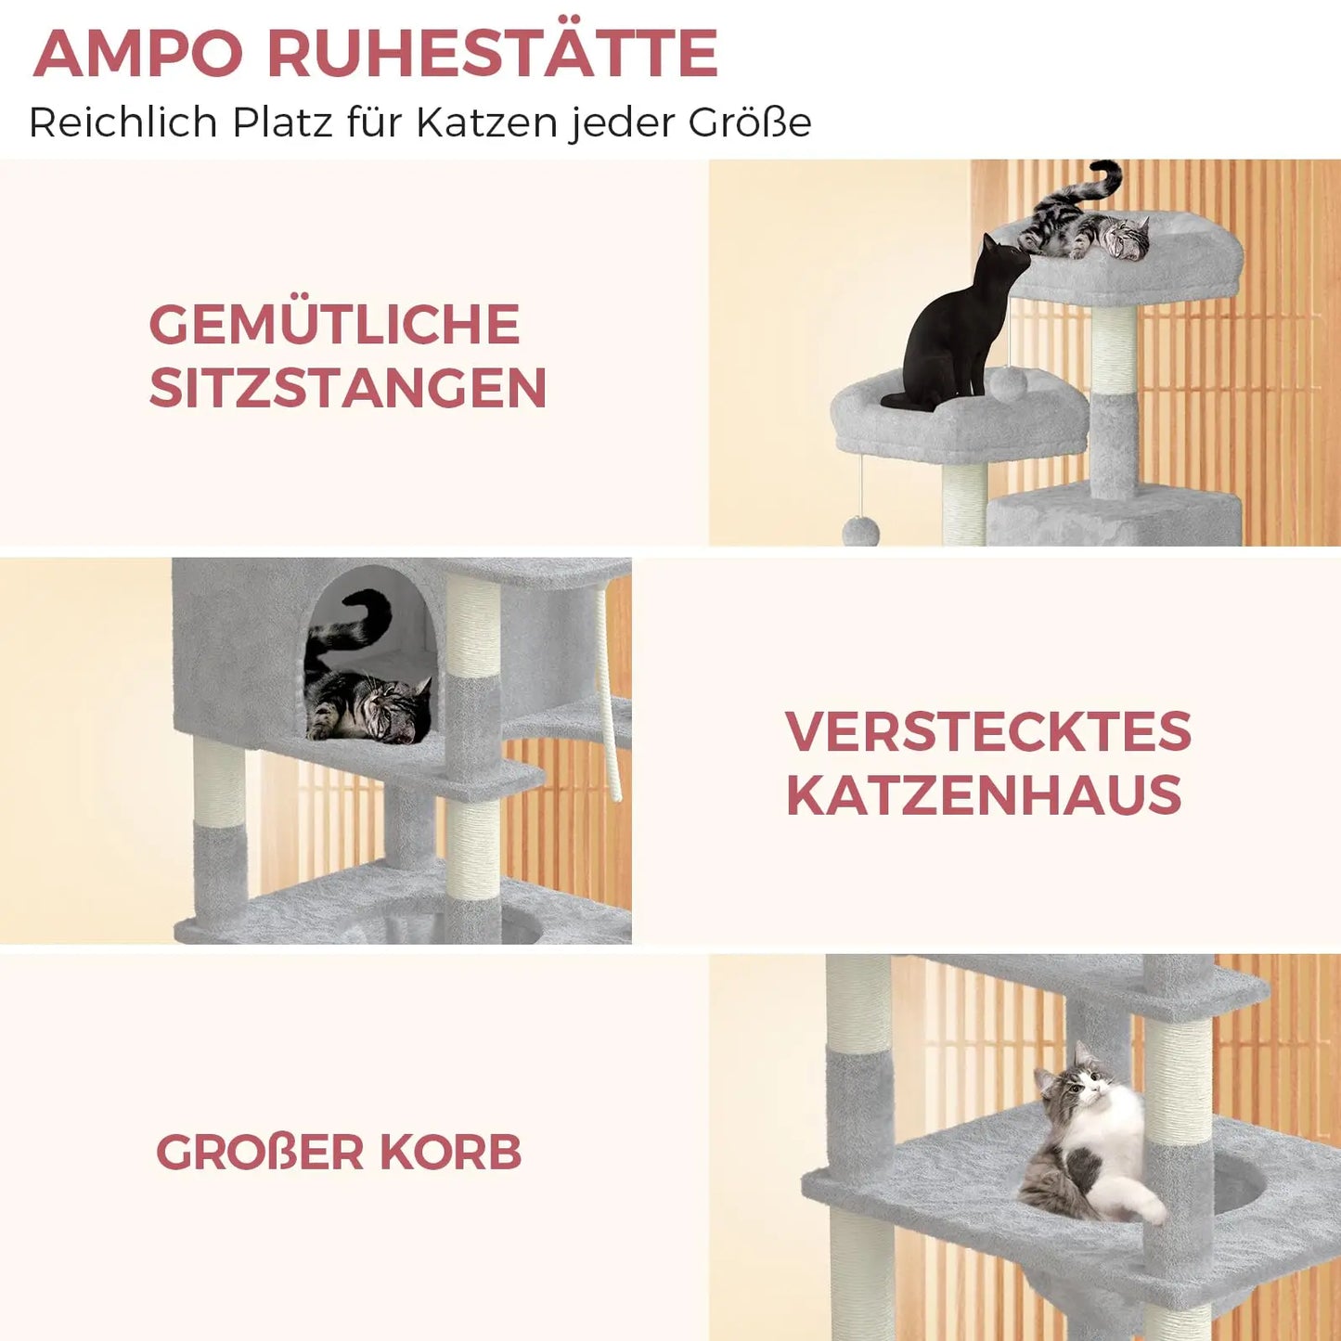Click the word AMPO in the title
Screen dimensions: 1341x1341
[139, 53]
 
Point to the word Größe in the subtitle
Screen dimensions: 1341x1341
[750, 122]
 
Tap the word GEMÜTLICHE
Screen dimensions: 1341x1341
[334, 324]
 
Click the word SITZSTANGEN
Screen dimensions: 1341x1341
[348, 387]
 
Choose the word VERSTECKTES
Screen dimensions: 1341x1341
[988, 731]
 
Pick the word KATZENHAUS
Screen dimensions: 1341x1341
[984, 795]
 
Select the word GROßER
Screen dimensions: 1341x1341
[260, 1152]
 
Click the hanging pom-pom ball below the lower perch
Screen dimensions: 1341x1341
[860, 531]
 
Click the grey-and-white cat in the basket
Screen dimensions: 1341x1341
[1090, 1141]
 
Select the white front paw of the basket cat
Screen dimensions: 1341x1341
[1151, 1206]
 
